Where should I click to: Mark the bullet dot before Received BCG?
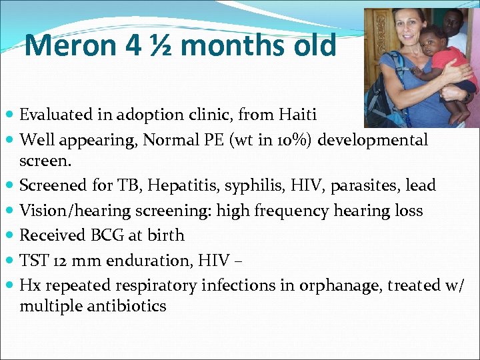pyautogui.click(x=10, y=236)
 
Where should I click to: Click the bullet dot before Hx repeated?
pyautogui.click(x=10, y=287)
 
